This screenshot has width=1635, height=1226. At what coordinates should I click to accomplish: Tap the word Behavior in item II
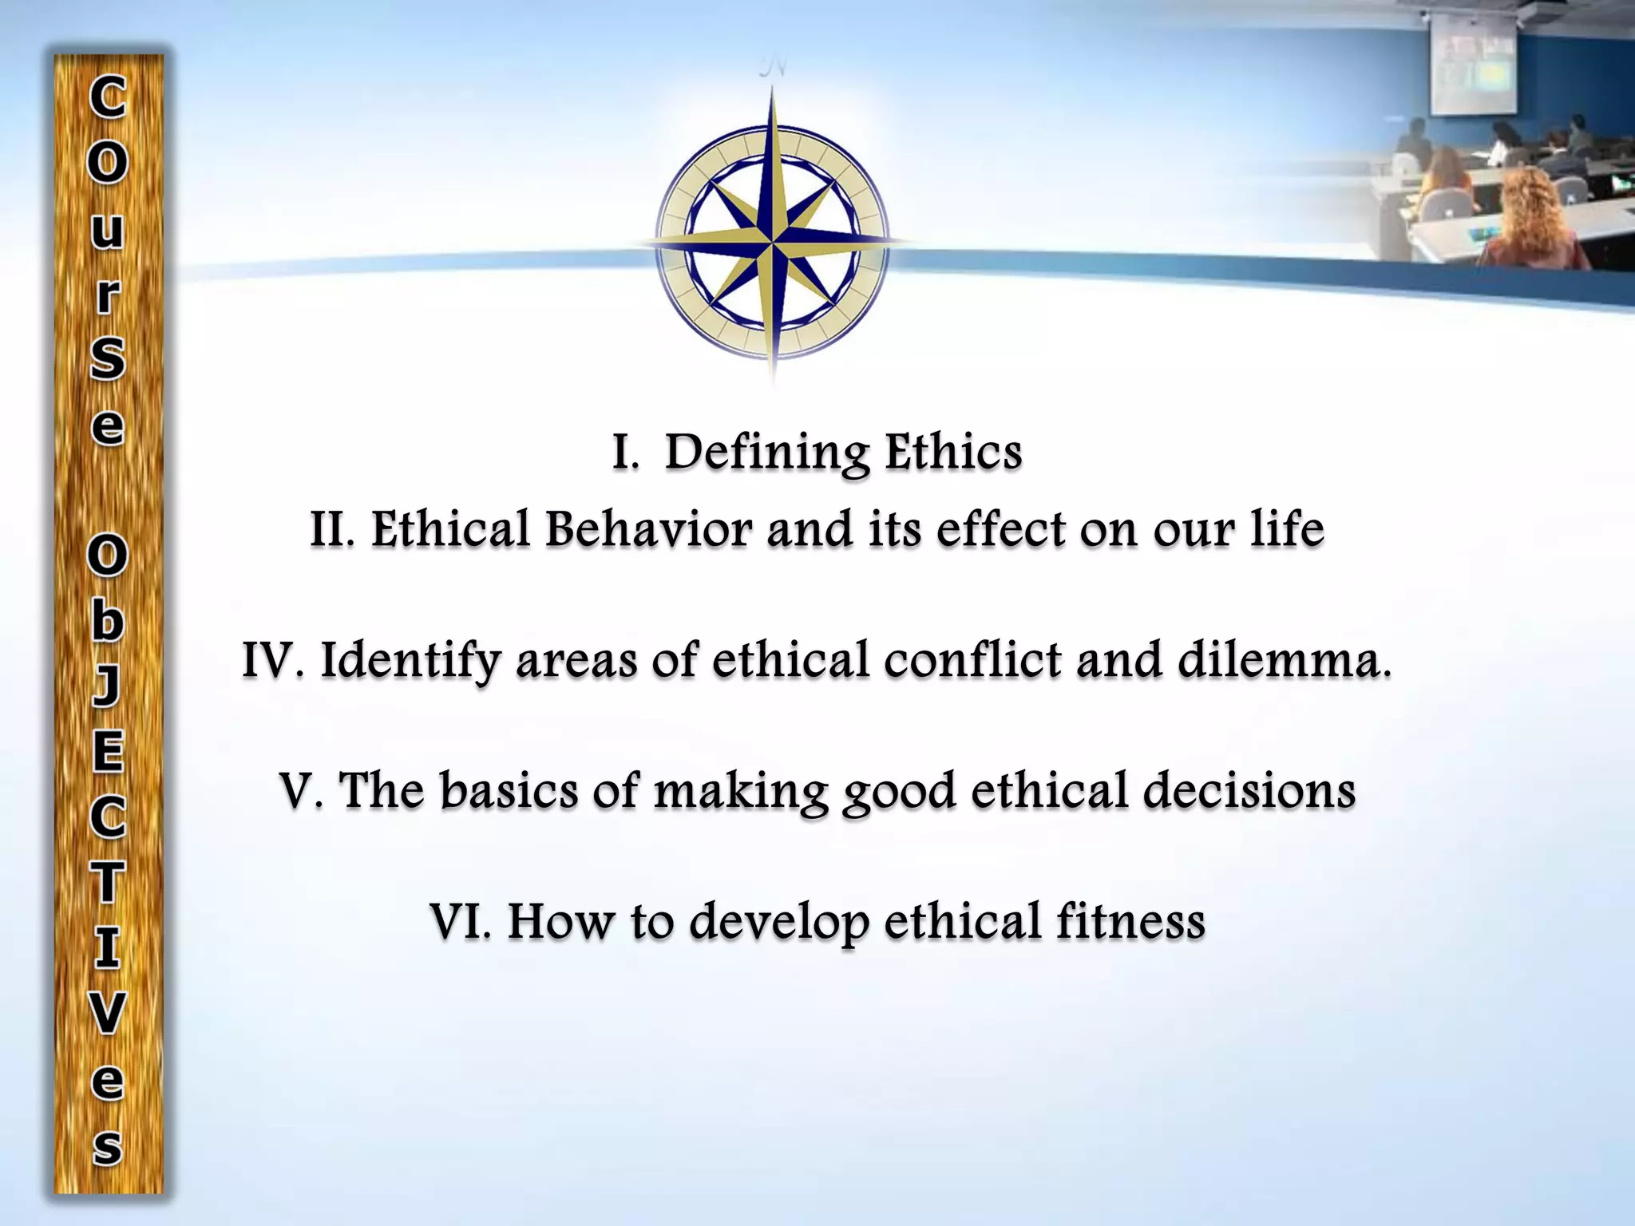point(647,530)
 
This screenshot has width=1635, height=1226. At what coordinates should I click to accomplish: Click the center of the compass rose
point(772,239)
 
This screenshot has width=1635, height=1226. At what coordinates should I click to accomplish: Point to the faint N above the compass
point(773,69)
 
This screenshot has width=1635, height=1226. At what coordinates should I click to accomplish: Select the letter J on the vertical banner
point(108,686)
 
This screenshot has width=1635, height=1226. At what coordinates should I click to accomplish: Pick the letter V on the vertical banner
point(108,1014)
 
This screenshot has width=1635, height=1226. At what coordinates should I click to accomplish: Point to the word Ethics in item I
point(953,452)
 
